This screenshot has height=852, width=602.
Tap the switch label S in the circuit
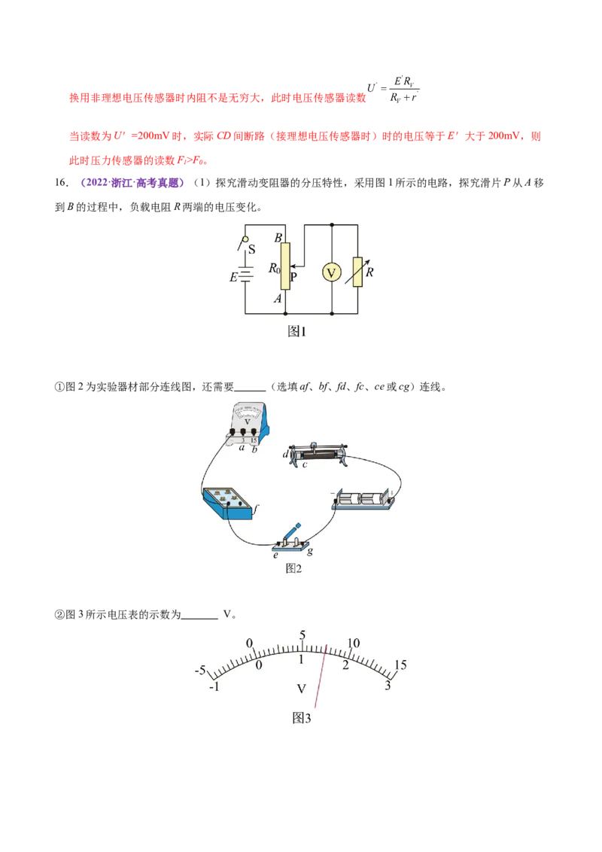[251, 249]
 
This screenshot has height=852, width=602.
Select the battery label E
[233, 277]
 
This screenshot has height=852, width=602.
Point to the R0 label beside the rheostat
[274, 267]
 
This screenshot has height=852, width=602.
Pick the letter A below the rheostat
[278, 299]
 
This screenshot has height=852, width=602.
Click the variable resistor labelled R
[357, 272]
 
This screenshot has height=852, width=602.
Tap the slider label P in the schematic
[293, 277]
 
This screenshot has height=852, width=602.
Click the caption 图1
[299, 331]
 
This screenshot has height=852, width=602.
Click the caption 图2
[293, 568]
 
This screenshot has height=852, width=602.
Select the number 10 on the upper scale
[354, 644]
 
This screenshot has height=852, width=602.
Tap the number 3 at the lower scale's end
[388, 685]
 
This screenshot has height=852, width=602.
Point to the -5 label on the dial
[200, 670]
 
